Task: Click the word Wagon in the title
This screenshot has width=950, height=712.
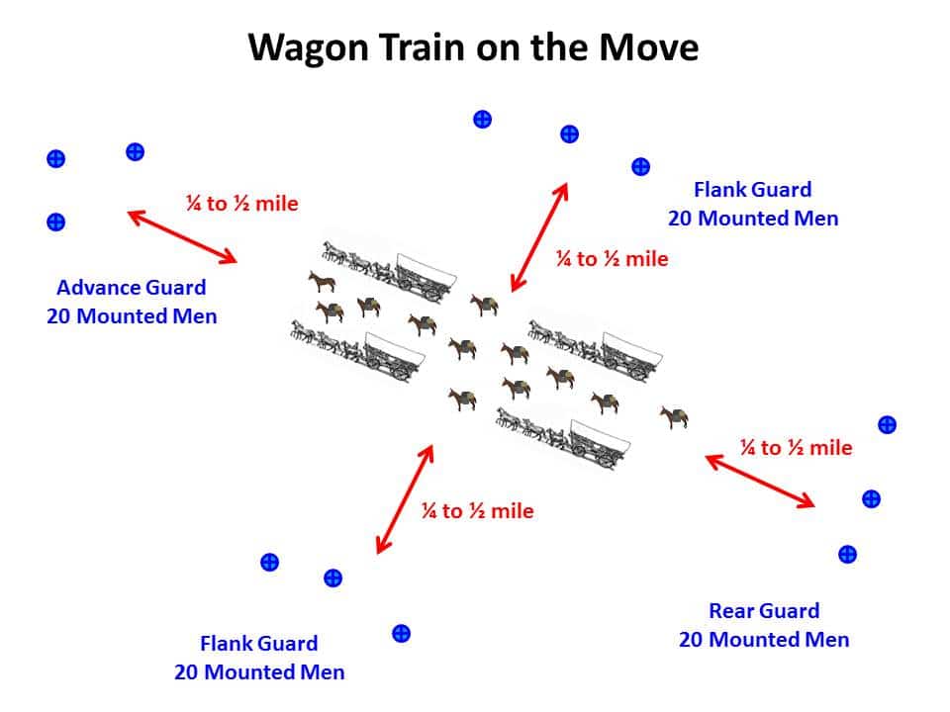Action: (309, 48)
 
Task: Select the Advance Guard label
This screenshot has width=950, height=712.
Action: (132, 287)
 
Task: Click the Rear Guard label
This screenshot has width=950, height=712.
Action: (764, 611)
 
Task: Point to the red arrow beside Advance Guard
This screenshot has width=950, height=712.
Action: (182, 236)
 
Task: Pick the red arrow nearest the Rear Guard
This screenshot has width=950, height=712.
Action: (760, 481)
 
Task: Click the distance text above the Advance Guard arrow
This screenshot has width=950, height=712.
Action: (241, 204)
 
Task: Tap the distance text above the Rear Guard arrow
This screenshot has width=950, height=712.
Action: (796, 447)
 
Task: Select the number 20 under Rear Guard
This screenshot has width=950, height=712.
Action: (691, 640)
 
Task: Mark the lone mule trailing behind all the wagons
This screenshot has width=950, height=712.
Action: (674, 417)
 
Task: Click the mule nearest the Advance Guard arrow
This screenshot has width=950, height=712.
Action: (322, 282)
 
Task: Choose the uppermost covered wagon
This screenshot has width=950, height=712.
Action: (426, 276)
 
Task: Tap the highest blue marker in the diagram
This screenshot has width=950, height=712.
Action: (482, 120)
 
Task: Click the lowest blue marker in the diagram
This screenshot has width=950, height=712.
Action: (401, 633)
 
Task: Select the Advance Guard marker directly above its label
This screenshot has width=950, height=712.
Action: (55, 222)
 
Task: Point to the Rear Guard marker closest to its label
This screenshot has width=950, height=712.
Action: (848, 554)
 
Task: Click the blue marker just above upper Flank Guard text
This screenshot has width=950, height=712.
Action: (640, 166)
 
